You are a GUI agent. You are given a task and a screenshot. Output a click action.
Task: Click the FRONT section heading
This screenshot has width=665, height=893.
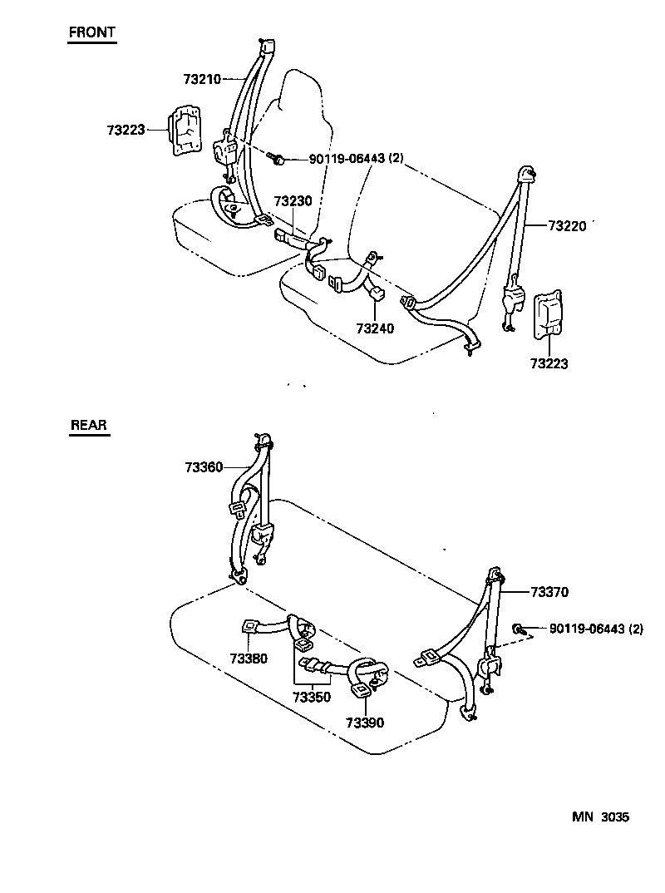91,33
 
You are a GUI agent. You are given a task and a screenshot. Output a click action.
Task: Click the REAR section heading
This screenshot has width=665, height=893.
89,425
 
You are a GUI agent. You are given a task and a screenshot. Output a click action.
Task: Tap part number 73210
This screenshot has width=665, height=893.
201,80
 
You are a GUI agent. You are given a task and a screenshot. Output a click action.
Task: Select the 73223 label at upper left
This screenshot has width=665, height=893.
126,130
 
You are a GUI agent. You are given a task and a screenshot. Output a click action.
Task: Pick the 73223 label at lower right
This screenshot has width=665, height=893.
549,363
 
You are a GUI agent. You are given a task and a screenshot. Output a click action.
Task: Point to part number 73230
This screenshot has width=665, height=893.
293,202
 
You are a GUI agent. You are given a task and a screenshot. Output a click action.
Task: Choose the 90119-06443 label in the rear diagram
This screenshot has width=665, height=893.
596,629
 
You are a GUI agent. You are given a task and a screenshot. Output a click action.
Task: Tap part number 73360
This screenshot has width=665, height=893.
204,467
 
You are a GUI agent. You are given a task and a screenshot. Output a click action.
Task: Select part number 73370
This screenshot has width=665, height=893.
549,592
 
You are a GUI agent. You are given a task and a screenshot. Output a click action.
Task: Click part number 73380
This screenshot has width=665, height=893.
249,659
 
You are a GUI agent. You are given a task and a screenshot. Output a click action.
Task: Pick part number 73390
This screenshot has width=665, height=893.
365,723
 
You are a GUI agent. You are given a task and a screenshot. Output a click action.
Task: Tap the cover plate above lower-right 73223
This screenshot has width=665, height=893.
548,317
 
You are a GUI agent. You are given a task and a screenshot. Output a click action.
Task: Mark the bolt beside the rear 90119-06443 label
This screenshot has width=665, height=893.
518,629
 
